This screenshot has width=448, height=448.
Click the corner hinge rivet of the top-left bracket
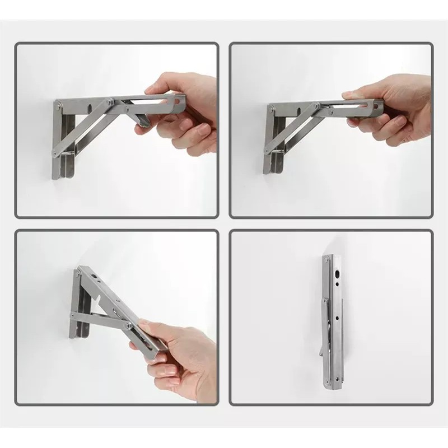pos(59,105)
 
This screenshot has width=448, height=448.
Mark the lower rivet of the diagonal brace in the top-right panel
pos(268,150)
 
